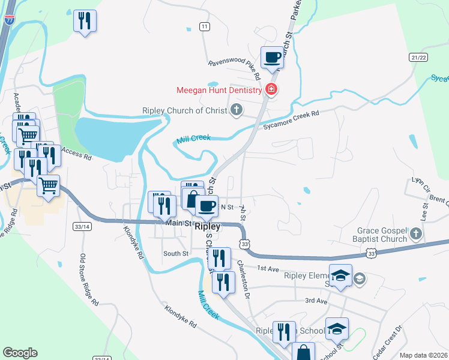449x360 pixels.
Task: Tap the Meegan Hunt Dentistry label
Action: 218,91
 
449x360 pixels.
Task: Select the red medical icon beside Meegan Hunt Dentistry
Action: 271,91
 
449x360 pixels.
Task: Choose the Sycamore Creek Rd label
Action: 291,120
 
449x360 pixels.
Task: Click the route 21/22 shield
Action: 419,57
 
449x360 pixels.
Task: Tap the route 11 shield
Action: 205,27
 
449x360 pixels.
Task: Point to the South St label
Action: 176,254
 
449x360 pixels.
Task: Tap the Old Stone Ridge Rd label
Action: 87,280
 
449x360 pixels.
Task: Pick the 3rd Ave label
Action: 316,300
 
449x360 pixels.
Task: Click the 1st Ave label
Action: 269,268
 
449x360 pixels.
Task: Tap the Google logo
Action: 20,353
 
